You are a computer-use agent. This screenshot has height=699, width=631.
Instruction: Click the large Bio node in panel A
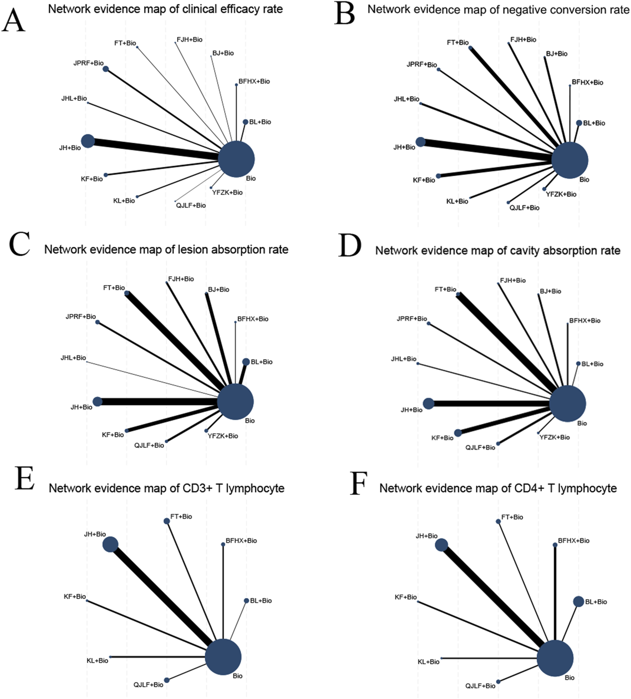[236, 159]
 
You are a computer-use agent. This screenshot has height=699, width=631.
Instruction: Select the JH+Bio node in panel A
[88, 141]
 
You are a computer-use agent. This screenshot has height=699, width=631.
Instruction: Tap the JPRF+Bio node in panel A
[106, 69]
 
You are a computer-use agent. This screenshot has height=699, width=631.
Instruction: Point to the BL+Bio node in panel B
[579, 123]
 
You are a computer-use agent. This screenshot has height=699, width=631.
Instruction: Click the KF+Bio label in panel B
[424, 180]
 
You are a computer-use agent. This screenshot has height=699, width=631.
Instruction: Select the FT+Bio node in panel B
[470, 48]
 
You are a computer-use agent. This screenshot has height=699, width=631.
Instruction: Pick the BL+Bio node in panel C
[246, 362]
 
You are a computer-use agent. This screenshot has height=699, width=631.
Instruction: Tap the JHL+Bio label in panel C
[73, 358]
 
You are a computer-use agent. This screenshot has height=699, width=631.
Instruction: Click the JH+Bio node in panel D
[428, 403]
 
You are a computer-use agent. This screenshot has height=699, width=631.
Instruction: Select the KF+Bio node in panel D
[458, 433]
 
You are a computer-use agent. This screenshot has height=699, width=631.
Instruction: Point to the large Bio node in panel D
[567, 404]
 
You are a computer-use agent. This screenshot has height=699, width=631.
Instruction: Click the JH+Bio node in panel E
[110, 545]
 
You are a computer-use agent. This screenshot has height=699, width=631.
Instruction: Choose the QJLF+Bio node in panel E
[167, 680]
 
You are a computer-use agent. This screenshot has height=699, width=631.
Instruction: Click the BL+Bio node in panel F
[578, 602]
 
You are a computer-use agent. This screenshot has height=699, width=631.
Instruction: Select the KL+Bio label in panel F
[428, 662]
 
